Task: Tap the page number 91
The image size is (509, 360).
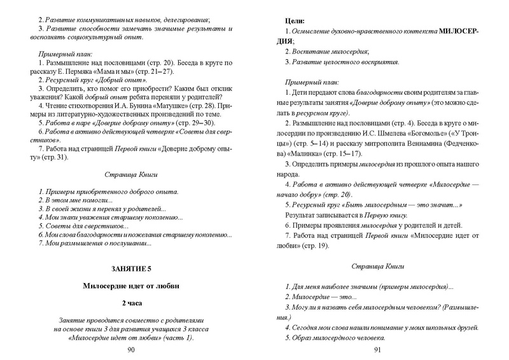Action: coord(377,350)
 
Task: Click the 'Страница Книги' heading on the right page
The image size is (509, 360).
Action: coord(377,267)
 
